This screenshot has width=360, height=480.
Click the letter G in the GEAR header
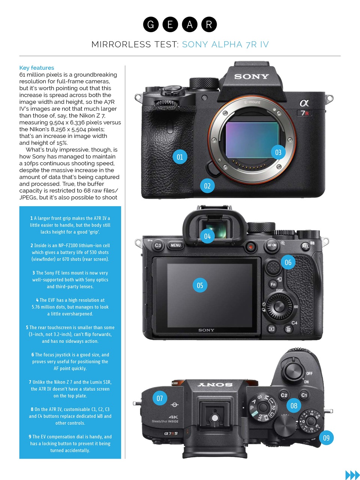(151, 25)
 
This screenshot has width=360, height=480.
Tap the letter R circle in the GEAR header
(209, 25)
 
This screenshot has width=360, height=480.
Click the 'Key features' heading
(37, 68)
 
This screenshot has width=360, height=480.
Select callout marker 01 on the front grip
(180, 157)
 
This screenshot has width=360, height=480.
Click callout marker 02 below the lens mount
(207, 186)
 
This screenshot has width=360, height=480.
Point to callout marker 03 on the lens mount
(278, 153)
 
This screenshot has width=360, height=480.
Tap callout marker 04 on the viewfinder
(207, 236)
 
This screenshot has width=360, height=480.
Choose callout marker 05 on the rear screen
(200, 285)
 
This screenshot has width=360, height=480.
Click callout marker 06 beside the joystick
(288, 262)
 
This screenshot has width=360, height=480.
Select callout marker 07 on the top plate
(160, 398)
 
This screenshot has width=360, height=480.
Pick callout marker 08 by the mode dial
(294, 406)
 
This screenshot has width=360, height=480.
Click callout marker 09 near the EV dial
(326, 438)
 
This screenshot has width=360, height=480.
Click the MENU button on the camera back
(175, 246)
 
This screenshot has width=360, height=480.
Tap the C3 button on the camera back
(158, 246)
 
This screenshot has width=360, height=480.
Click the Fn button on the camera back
(273, 284)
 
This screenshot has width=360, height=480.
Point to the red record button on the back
(250, 247)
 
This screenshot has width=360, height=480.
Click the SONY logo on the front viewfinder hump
(252, 76)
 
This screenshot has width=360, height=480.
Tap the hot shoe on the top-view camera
(214, 417)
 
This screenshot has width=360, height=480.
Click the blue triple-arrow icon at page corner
(352, 475)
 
